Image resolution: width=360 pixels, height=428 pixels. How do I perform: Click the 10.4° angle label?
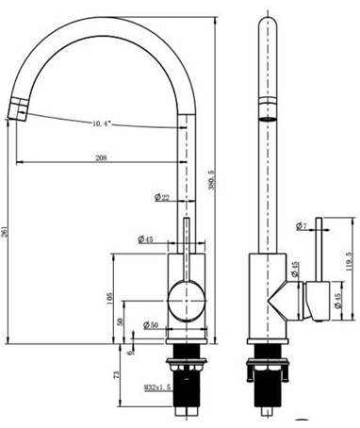(105, 123)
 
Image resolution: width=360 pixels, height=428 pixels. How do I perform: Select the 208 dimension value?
(99, 157)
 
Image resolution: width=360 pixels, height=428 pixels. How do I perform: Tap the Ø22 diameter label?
(161, 196)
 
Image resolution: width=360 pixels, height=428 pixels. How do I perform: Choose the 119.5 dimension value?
(350, 262)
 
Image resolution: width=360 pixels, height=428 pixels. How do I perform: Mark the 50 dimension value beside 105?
(121, 321)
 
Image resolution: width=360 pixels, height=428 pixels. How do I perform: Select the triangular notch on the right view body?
(280, 303)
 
